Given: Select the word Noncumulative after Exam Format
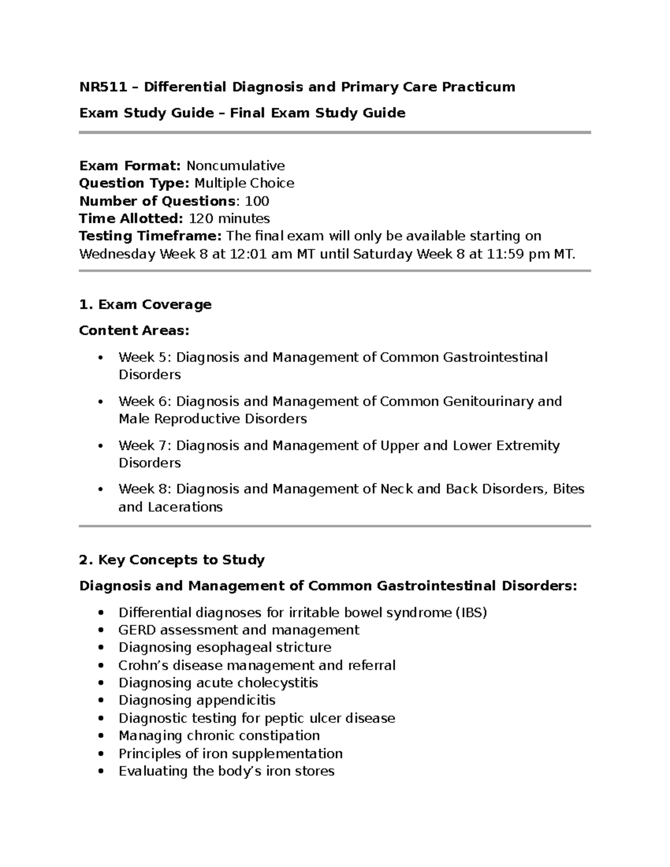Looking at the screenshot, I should [x=235, y=166].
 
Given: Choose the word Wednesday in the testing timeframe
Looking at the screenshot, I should [x=117, y=254].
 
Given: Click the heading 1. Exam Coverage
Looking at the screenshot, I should [x=145, y=305].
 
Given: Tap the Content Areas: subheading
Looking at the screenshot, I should [x=134, y=331].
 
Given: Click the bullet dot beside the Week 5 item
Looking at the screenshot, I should [x=100, y=358].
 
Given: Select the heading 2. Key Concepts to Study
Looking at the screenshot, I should [x=172, y=560].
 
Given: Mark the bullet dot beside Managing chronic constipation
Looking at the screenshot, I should [x=100, y=736].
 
